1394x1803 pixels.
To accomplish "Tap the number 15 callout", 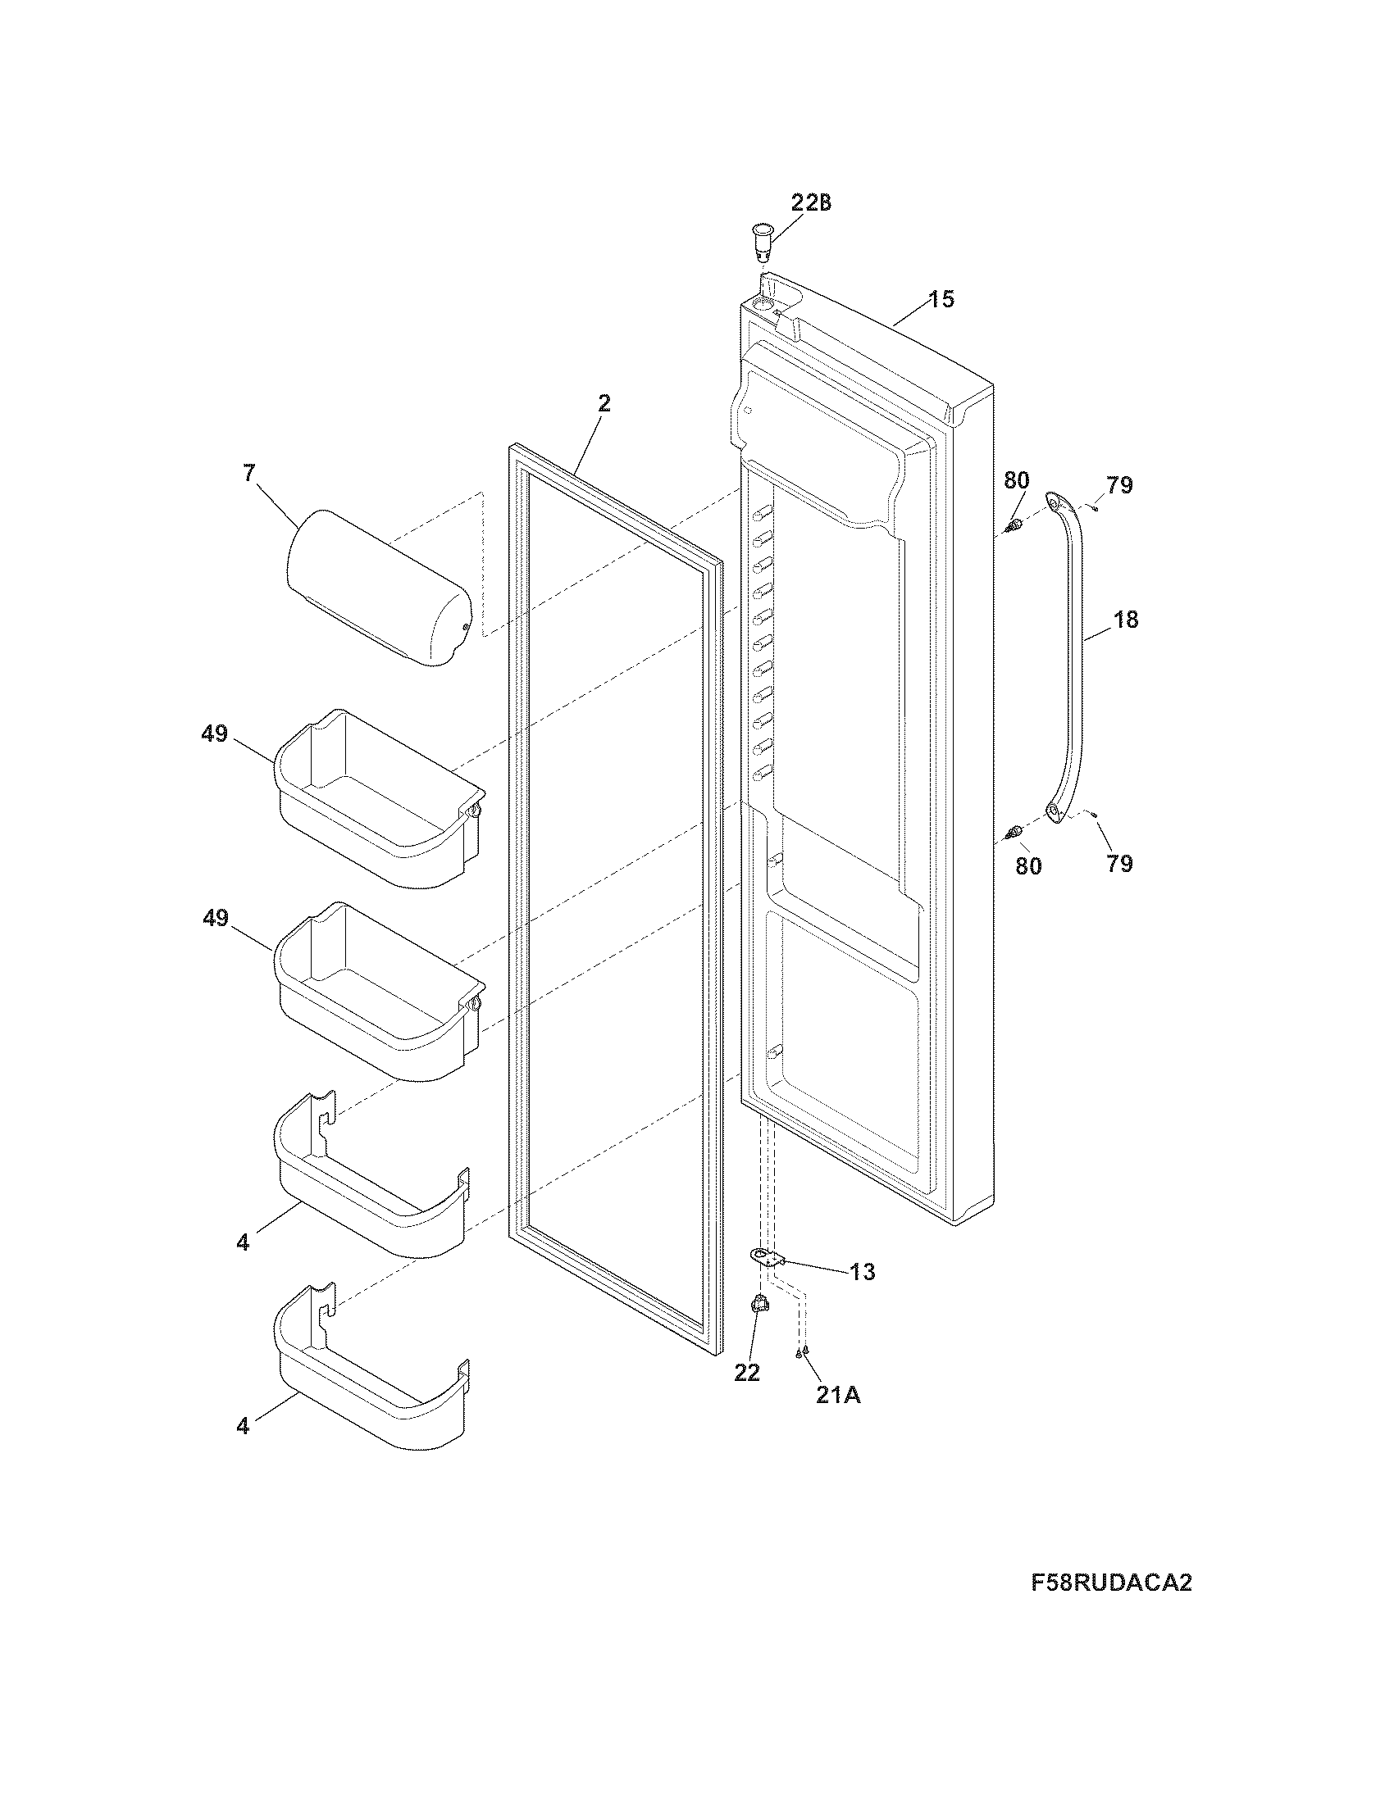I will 941,299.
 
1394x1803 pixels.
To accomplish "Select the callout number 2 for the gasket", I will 604,404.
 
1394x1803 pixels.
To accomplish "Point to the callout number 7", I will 249,473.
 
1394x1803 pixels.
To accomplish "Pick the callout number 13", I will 862,1271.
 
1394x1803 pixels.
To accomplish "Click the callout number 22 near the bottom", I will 746,1371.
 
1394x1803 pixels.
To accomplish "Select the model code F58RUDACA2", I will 1112,1583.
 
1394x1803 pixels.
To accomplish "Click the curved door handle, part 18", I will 1069,652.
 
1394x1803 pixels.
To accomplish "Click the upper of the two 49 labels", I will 214,733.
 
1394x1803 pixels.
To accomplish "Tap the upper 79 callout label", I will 1119,485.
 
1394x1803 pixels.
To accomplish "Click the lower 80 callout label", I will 1028,866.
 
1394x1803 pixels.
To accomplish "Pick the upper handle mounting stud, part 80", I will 1015,525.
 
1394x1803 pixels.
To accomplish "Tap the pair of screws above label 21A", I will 801,1351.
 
